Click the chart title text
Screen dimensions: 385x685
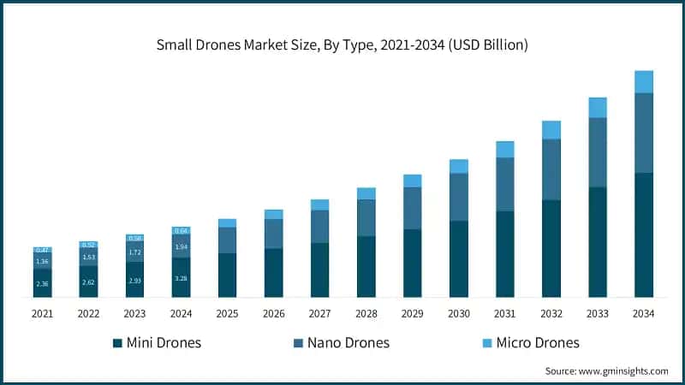pyautogui.click(x=342, y=44)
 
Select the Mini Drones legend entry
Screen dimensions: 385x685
pyautogui.click(x=158, y=343)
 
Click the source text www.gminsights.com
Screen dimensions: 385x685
pyautogui.click(x=606, y=370)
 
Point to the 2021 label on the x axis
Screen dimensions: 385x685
pyautogui.click(x=43, y=314)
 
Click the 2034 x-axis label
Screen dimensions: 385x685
pyautogui.click(x=644, y=314)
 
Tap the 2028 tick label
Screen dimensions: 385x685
pyautogui.click(x=366, y=314)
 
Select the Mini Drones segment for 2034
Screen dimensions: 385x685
pyautogui.click(x=644, y=235)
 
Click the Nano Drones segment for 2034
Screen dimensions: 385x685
pyautogui.click(x=644, y=133)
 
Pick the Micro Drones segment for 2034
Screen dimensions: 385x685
pyautogui.click(x=644, y=81)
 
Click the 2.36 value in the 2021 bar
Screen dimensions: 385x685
pyautogui.click(x=43, y=284)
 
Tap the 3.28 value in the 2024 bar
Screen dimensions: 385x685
pyautogui.click(x=182, y=278)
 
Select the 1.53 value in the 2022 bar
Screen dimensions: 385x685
pyautogui.click(x=89, y=257)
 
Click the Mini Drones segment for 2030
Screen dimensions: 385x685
pyautogui.click(x=459, y=259)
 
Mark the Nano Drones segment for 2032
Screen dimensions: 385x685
pyautogui.click(x=551, y=169)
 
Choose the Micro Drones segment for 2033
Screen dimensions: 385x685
pyautogui.click(x=598, y=107)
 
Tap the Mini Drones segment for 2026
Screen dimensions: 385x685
pyautogui.click(x=274, y=273)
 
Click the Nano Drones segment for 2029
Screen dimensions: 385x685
pyautogui.click(x=413, y=208)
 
